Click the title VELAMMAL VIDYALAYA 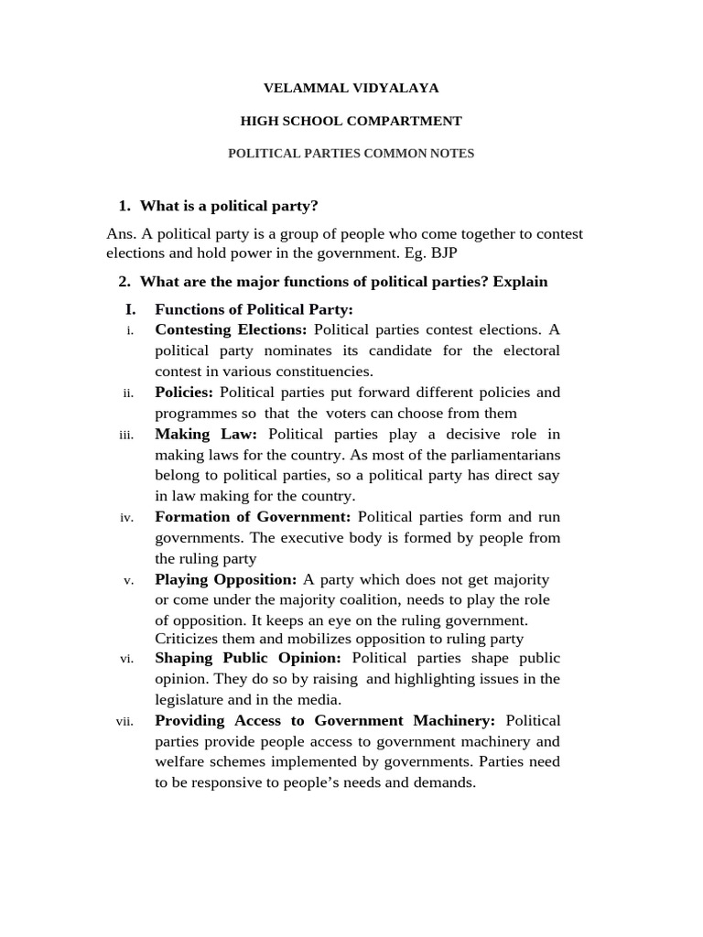(x=351, y=88)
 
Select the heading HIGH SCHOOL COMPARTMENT (x=351, y=121)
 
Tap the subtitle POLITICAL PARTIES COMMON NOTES (x=351, y=154)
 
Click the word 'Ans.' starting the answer (x=122, y=234)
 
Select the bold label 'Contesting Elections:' (x=232, y=329)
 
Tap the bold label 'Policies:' (x=184, y=392)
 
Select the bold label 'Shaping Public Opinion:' (x=248, y=658)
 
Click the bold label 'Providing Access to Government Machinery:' (x=325, y=721)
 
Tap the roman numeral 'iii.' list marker (x=126, y=435)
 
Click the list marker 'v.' (x=128, y=580)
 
